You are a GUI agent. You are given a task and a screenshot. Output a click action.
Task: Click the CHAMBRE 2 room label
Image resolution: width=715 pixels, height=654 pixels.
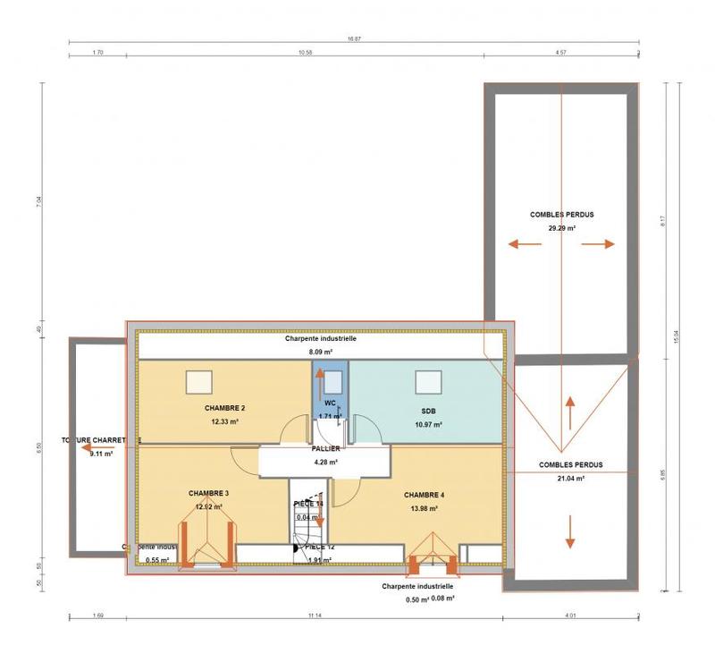coord(224,408)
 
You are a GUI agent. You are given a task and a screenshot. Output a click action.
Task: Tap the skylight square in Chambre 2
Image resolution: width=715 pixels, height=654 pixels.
coord(198,382)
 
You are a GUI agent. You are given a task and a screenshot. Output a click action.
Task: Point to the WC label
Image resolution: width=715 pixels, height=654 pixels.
coord(330,403)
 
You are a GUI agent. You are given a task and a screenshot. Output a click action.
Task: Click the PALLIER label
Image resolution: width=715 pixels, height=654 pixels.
coord(325,449)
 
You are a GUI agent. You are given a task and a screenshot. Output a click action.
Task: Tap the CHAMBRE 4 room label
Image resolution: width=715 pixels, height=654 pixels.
coord(424,495)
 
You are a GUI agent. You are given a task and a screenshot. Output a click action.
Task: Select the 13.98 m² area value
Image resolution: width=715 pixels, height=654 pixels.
coord(424,508)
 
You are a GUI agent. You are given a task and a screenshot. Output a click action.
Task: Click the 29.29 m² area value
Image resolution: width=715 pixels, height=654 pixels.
coord(561,228)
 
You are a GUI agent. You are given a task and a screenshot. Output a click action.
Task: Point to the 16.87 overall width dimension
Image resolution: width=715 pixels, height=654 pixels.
coord(354,38)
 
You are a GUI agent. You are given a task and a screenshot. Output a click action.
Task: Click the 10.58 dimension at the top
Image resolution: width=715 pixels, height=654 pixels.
coord(305,54)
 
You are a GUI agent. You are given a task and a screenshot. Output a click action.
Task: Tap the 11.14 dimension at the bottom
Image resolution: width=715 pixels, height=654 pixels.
coord(313,616)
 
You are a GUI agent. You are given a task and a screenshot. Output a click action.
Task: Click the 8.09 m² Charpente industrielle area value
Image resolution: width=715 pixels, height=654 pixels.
coord(321,352)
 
